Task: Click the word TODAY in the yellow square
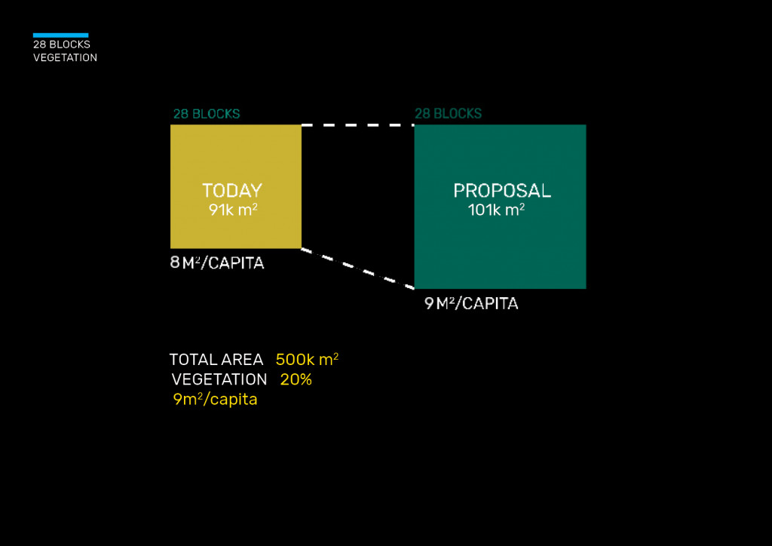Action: click(x=232, y=191)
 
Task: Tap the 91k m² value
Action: click(x=233, y=210)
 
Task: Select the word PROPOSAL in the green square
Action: click(x=501, y=191)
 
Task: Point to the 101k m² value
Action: click(x=496, y=210)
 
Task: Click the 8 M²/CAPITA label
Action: click(x=217, y=263)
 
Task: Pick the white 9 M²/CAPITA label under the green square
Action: click(x=471, y=303)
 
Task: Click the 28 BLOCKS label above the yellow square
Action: click(x=207, y=114)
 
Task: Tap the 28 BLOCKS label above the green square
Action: click(x=448, y=114)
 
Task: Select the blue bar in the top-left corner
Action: click(x=60, y=35)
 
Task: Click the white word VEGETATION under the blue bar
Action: click(x=65, y=57)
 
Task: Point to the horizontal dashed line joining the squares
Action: click(x=358, y=125)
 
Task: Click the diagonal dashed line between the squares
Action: click(x=358, y=268)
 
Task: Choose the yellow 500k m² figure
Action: click(x=308, y=360)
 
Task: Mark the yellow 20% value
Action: click(x=296, y=379)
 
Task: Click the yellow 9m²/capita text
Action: click(x=215, y=399)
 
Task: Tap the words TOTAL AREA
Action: click(x=216, y=360)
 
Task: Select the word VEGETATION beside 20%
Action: click(x=219, y=379)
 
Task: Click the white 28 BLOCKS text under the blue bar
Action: click(x=62, y=44)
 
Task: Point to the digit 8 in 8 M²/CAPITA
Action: click(x=175, y=262)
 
